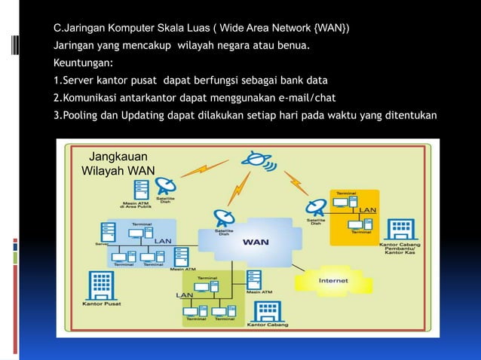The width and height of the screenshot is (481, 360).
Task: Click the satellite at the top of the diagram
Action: tap(256, 160)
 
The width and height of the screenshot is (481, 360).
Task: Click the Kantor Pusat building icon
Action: tap(100, 284)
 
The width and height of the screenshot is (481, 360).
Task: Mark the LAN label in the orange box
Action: tap(367, 209)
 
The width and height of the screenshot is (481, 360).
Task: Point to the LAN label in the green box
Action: tap(184, 294)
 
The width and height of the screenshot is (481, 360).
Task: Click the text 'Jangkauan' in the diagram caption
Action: tap(118, 158)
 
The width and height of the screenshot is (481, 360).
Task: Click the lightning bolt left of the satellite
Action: tap(198, 172)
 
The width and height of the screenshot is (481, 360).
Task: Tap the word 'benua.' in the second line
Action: tap(290, 46)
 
